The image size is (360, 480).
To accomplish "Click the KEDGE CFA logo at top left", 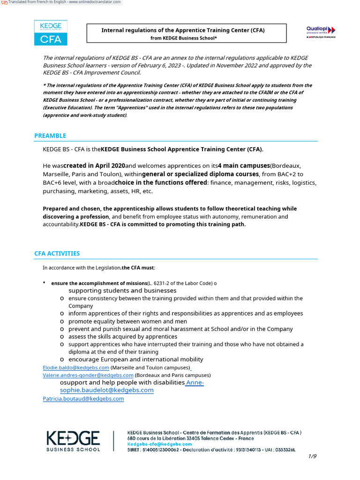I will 51,33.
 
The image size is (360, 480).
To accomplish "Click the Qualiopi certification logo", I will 321,32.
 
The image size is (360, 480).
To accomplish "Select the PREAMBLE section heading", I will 50,136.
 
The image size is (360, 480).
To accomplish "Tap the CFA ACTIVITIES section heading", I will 57,254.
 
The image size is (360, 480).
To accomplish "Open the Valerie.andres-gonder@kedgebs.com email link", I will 88,375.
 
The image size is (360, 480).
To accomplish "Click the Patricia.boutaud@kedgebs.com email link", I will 83,399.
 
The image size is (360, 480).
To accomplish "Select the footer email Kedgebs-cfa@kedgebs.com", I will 159,444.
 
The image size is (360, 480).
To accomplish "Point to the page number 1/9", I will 312,456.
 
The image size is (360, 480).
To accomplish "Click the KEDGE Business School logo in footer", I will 73,441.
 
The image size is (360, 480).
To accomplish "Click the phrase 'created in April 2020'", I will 94,166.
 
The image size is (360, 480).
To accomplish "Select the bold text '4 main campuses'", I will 244,166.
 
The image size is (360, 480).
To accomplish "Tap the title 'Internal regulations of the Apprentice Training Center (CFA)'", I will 183,30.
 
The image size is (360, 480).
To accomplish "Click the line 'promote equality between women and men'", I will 127,322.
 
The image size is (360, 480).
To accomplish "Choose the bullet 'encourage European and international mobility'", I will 135,360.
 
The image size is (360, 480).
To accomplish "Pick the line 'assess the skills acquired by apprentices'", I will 123,337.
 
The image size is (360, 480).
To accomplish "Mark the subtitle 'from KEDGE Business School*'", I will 183,38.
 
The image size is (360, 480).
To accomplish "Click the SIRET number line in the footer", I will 211,450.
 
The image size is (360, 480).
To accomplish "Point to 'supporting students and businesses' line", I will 122,291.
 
